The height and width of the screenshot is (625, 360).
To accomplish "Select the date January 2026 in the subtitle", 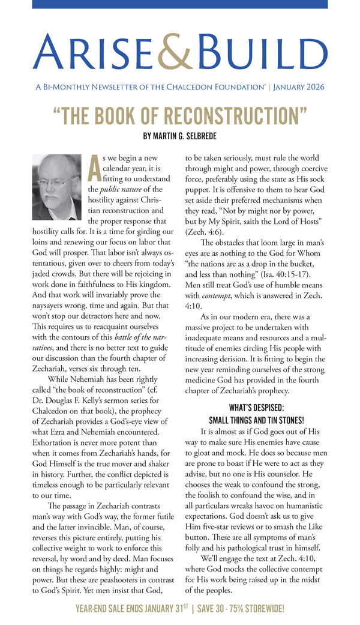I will [x=299, y=86].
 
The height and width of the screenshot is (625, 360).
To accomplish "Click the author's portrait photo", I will [x=57, y=187].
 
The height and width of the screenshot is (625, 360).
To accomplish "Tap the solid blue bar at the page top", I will [x=180, y=4].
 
